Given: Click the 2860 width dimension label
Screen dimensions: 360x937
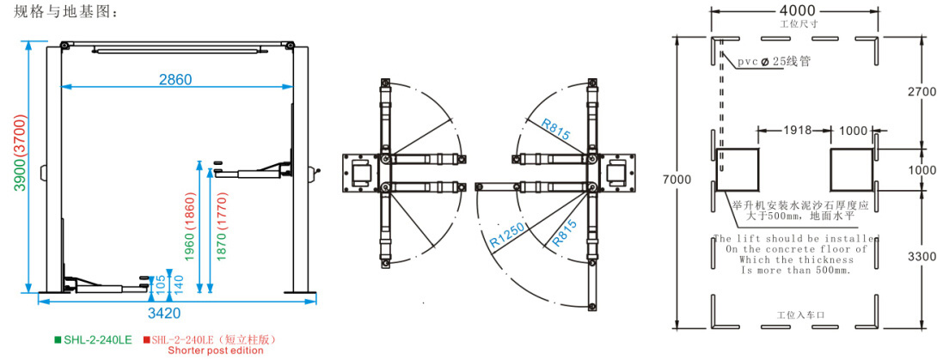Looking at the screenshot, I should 175,79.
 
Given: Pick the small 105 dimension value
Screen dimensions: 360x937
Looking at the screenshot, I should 150,284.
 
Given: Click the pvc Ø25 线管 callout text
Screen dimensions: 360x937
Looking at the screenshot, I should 773,62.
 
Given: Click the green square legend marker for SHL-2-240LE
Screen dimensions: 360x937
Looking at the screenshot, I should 58,339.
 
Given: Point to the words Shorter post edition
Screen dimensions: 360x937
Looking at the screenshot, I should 216,351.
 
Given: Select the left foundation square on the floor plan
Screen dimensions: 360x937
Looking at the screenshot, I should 738,168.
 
